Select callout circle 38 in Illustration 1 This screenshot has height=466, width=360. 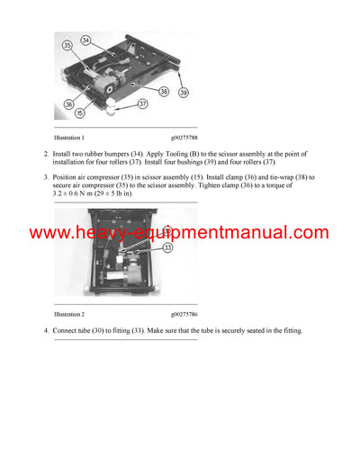(x=164, y=91)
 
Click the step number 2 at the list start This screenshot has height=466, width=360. (x=45, y=156)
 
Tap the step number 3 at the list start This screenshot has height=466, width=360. (x=45, y=178)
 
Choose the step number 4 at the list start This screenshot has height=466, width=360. (x=45, y=332)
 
